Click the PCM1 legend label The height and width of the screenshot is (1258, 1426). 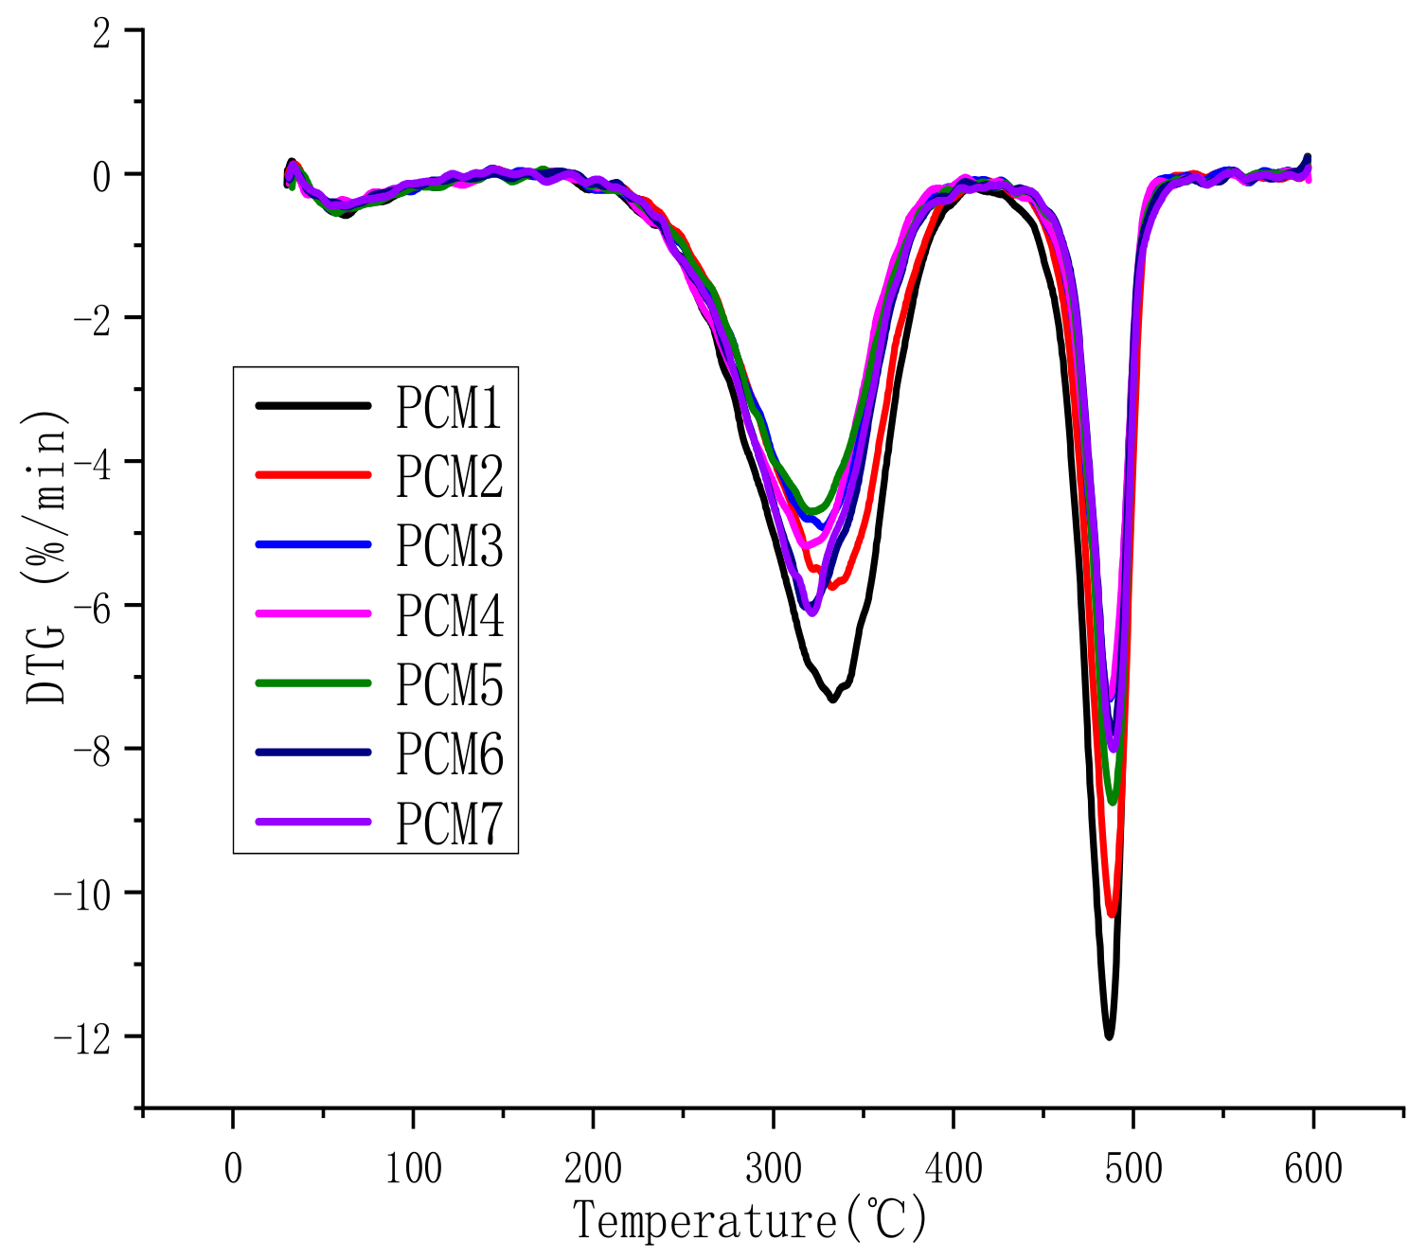tap(449, 407)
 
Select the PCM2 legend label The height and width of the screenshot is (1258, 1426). tap(449, 476)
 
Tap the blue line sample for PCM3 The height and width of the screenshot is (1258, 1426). tap(312, 545)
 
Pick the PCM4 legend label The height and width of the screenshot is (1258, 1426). tap(449, 615)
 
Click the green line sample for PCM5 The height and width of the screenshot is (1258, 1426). tap(312, 683)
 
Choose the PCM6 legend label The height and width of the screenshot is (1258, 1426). tap(449, 753)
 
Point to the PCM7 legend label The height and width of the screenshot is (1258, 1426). tap(449, 823)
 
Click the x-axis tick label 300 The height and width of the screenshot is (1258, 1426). tap(774, 1170)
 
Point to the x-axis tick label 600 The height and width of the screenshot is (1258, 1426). tap(1313, 1170)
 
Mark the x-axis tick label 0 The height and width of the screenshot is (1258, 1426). tap(233, 1170)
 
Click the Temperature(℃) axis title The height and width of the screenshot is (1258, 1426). tap(750, 1220)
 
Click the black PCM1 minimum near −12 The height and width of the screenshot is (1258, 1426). tap(1109, 1037)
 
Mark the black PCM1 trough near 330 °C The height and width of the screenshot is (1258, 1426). tap(832, 699)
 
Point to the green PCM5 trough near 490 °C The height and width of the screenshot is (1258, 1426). tap(1113, 802)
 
